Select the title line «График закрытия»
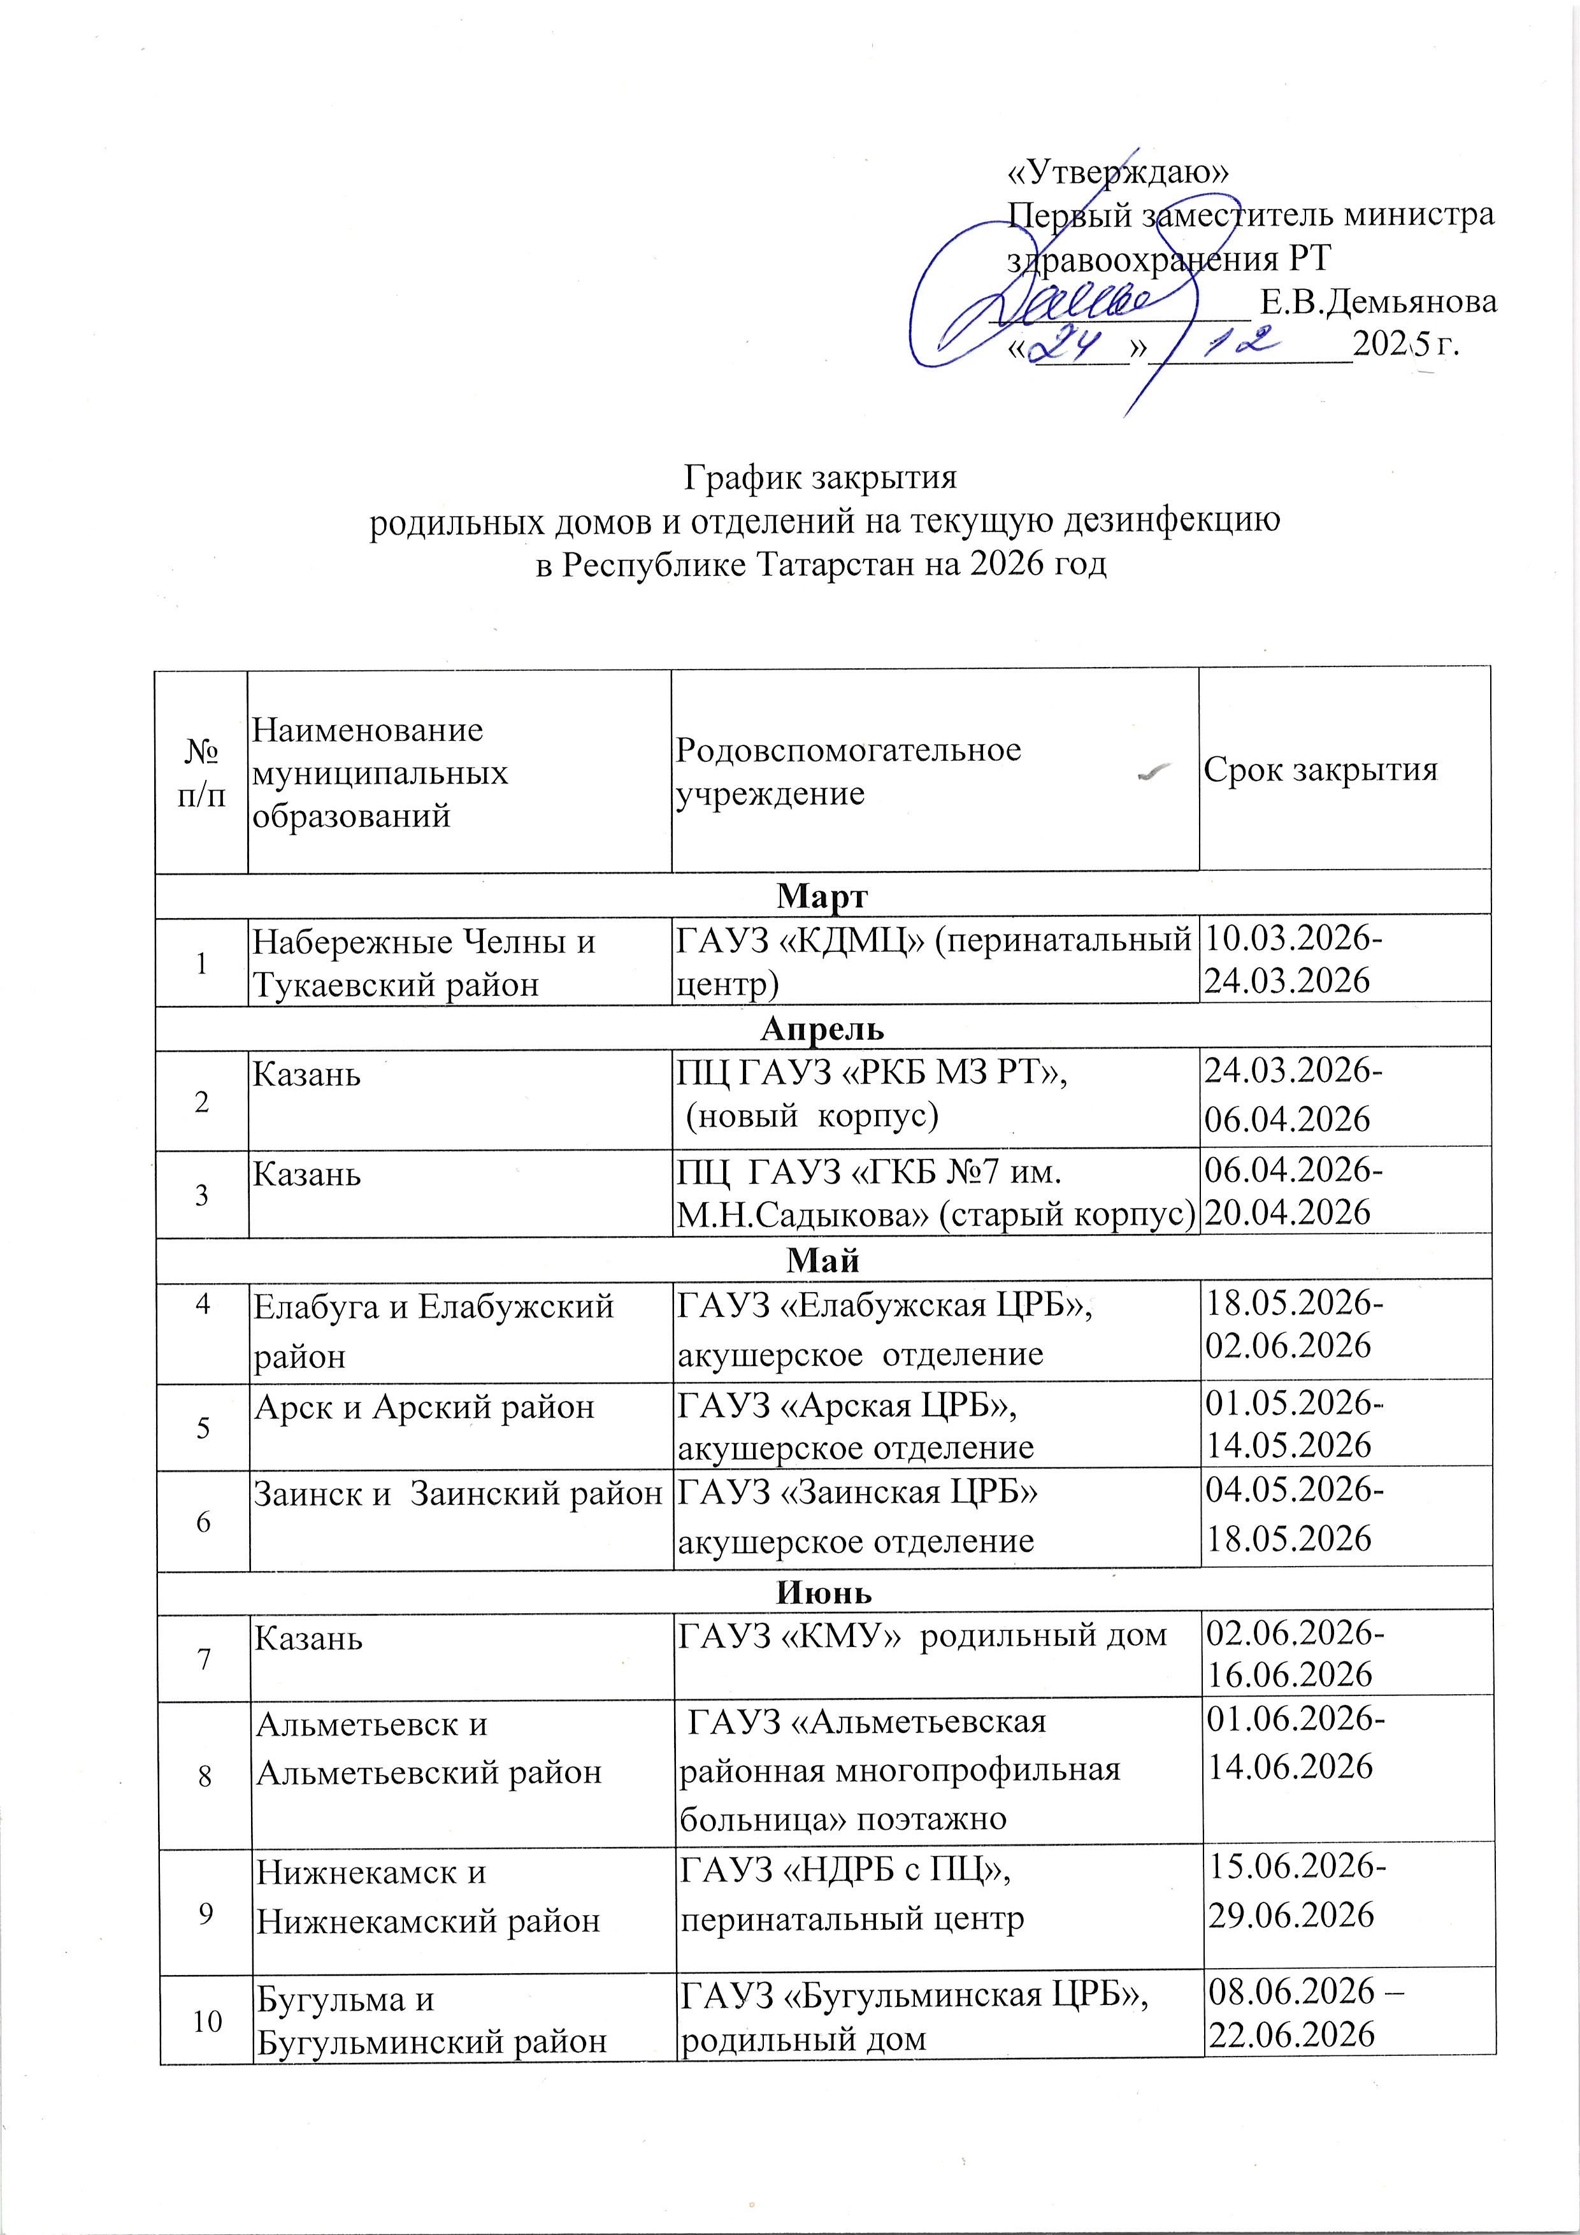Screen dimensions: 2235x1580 (x=821, y=478)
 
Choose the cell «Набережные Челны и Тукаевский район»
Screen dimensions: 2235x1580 (x=424, y=963)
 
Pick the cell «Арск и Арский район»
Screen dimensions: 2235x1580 (x=424, y=1407)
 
